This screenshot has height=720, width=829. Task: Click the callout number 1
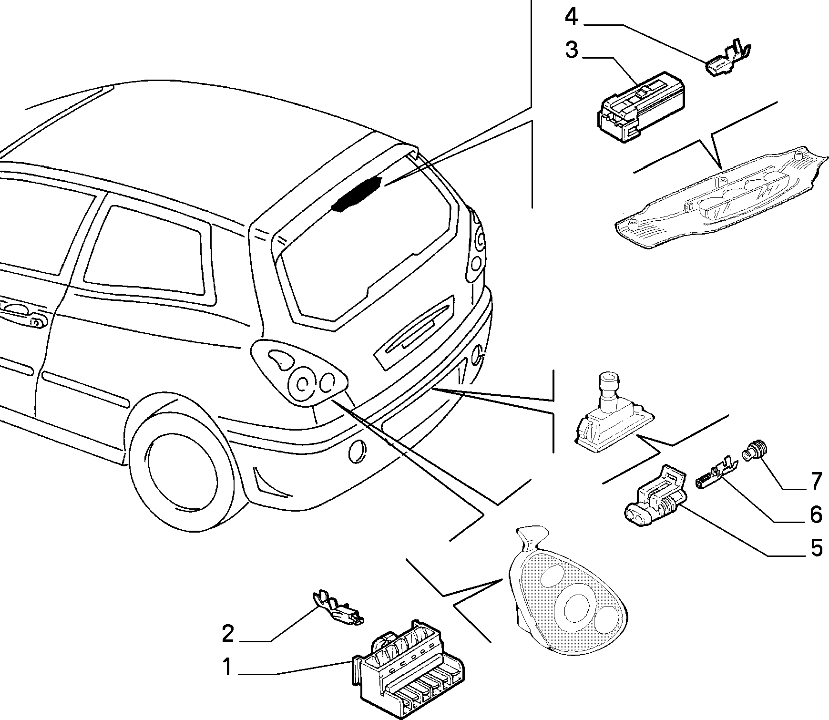227,667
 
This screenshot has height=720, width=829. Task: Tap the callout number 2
228,634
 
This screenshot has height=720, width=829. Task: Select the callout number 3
572,50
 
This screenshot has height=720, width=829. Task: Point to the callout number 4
572,17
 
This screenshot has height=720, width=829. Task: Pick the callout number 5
817,548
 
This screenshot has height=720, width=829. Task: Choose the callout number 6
816,514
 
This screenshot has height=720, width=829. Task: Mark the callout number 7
816,481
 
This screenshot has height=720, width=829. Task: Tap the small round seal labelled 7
754,450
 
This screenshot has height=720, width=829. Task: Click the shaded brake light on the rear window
357,193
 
